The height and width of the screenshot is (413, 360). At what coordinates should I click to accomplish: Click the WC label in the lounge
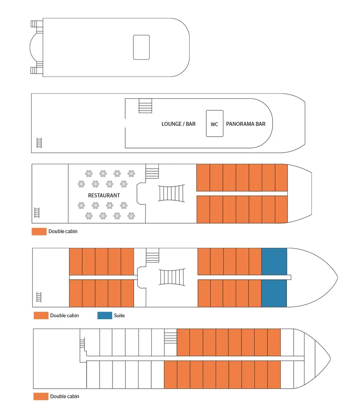coord(214,124)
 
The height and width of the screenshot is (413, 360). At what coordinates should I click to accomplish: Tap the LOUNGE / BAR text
coord(179,124)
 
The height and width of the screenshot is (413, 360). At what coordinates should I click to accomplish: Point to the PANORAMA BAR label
coord(246,124)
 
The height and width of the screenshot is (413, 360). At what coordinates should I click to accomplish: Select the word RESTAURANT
coord(104,196)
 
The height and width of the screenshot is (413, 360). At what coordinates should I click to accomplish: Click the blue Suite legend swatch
coord(105,315)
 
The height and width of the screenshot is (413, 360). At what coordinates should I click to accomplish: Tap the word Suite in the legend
coord(119,315)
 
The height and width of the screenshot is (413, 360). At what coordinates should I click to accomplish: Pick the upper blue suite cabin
coord(274,261)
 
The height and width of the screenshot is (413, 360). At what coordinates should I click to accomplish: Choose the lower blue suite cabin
coord(274,293)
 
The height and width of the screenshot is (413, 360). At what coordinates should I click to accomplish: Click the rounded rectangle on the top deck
coord(141,47)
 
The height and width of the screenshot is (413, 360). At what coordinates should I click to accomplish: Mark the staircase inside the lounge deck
coord(145,106)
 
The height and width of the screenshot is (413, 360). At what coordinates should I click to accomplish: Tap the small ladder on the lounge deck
coord(39,143)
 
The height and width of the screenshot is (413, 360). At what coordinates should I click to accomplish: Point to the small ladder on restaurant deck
coord(37,213)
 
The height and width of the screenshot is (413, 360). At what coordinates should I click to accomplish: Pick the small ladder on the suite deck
coord(39,296)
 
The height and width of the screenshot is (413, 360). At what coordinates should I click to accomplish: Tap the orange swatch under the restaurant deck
coord(39,231)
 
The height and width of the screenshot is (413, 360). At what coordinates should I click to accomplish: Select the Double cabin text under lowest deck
coord(64,396)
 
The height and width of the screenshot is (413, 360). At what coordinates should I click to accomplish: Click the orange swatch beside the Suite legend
coord(41,315)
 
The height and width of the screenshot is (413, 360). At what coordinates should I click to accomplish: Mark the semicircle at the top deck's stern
coord(35,48)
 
